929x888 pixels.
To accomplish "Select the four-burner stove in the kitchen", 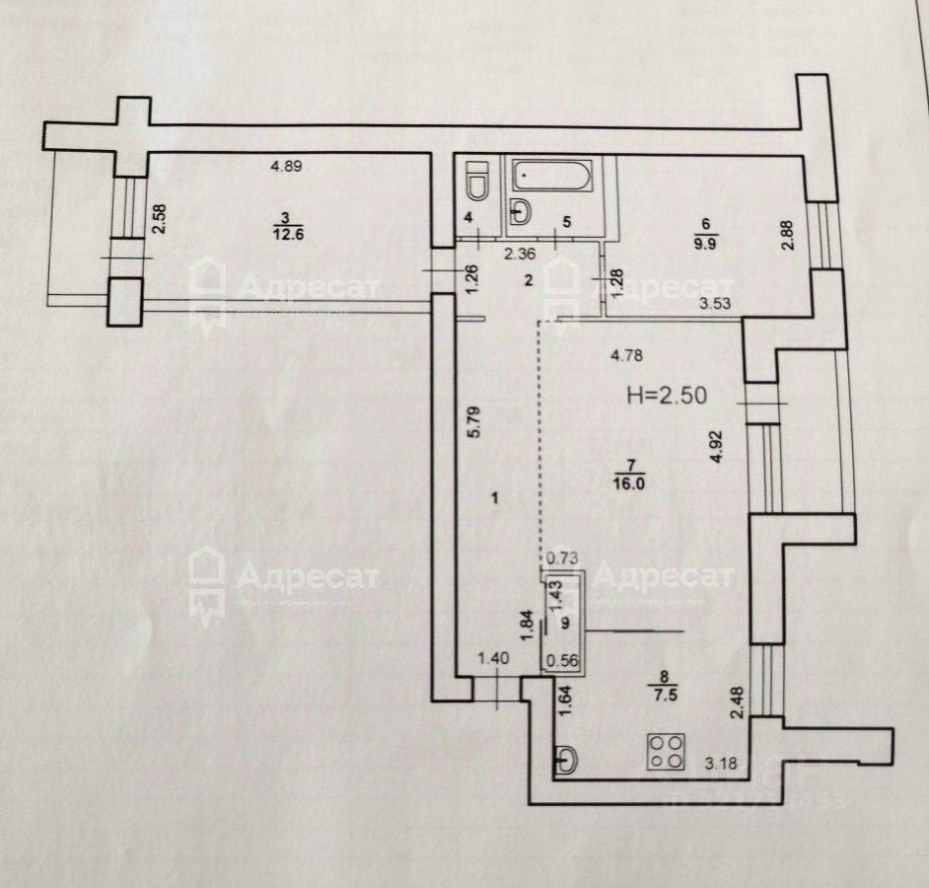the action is (666, 751).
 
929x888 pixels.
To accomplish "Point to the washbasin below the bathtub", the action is (521, 208).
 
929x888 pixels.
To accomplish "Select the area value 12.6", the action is (284, 233).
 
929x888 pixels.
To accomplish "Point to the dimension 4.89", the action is (286, 166).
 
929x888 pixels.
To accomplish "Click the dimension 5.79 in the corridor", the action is (474, 423).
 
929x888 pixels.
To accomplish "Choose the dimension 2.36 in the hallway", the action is (521, 254).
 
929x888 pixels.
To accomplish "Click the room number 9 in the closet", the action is (565, 623).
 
